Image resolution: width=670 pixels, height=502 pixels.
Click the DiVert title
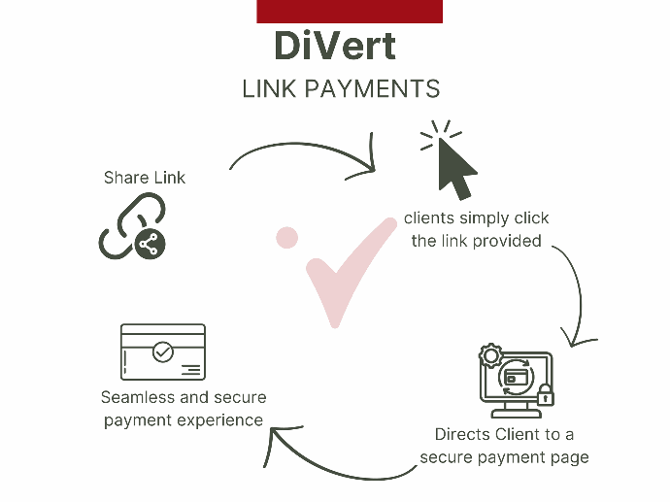335,46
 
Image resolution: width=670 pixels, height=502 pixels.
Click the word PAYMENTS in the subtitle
372,89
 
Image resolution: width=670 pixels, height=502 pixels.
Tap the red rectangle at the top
350,12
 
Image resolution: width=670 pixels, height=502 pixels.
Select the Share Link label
145,178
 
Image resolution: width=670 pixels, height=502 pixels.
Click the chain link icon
132,225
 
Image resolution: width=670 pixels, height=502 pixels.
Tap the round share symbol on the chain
150,244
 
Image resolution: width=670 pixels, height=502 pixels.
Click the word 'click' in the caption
531,218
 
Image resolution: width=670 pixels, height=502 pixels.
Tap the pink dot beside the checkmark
286,238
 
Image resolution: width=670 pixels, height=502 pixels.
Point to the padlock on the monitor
546,395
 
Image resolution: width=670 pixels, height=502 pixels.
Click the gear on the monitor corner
490,355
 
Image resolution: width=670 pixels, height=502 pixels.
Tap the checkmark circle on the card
163,352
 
